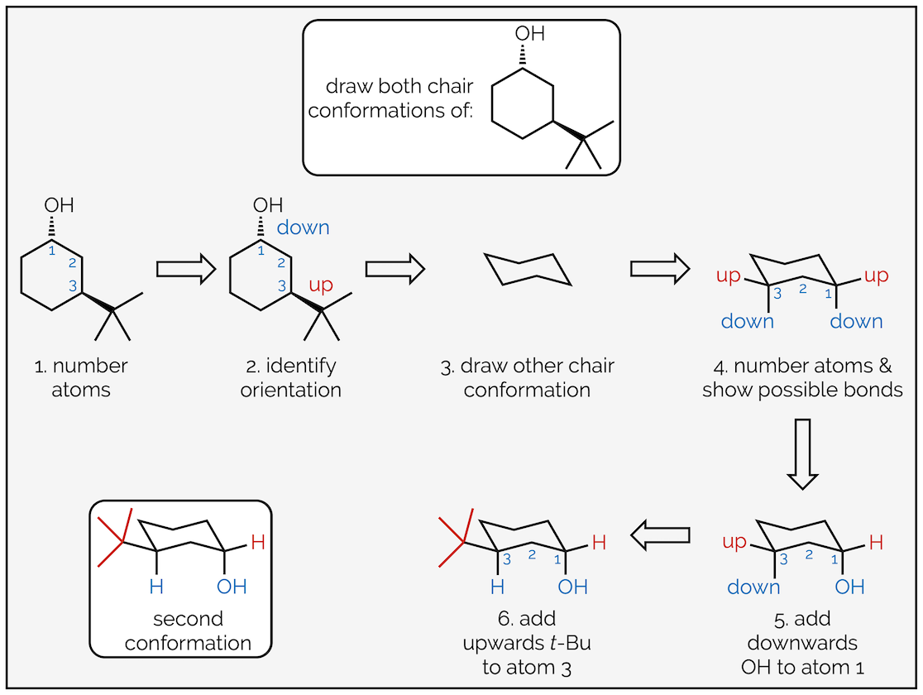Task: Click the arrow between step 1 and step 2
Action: pyautogui.click(x=185, y=269)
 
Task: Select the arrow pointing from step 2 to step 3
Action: pyautogui.click(x=395, y=269)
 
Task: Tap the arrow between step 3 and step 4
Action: pyautogui.click(x=659, y=269)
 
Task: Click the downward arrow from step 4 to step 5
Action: pyautogui.click(x=801, y=454)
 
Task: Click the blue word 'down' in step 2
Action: pyautogui.click(x=303, y=228)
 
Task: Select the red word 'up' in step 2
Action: pyautogui.click(x=321, y=285)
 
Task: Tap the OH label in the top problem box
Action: pyautogui.click(x=530, y=34)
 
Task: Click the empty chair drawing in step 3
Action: pyautogui.click(x=528, y=270)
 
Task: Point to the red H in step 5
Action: pyautogui.click(x=876, y=544)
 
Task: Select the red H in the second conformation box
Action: pyautogui.click(x=258, y=544)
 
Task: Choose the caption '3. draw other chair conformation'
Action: pyautogui.click(x=527, y=377)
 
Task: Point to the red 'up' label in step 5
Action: pyautogui.click(x=734, y=543)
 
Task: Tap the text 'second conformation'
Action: pyautogui.click(x=189, y=630)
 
